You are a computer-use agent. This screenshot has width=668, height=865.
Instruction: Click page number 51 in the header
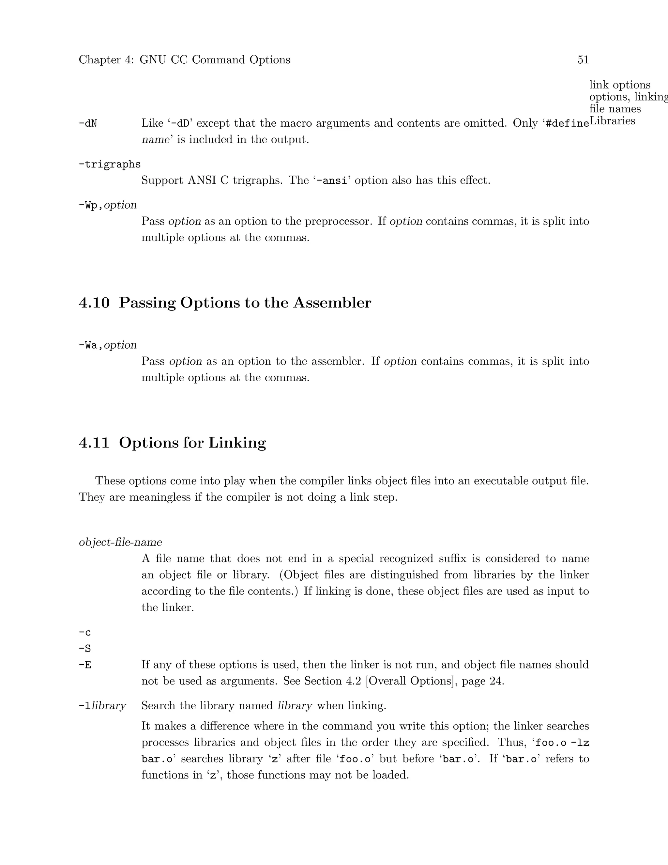583,60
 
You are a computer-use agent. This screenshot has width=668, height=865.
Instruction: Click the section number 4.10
94,303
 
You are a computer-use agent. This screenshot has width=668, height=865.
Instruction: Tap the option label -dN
88,124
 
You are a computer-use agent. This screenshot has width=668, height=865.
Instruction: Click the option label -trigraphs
110,165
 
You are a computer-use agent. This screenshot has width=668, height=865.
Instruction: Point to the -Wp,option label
108,205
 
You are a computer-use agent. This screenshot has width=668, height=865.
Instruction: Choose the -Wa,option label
108,345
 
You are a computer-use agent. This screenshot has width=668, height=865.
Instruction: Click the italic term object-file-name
120,542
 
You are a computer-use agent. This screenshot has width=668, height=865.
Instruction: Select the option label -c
85,633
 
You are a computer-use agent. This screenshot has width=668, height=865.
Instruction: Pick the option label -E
85,665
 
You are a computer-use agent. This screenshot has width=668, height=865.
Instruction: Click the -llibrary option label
102,706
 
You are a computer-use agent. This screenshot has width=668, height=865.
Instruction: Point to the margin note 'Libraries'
612,121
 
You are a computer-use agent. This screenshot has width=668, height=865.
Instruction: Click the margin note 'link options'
620,85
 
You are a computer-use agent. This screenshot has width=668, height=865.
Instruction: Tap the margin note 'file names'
615,108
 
